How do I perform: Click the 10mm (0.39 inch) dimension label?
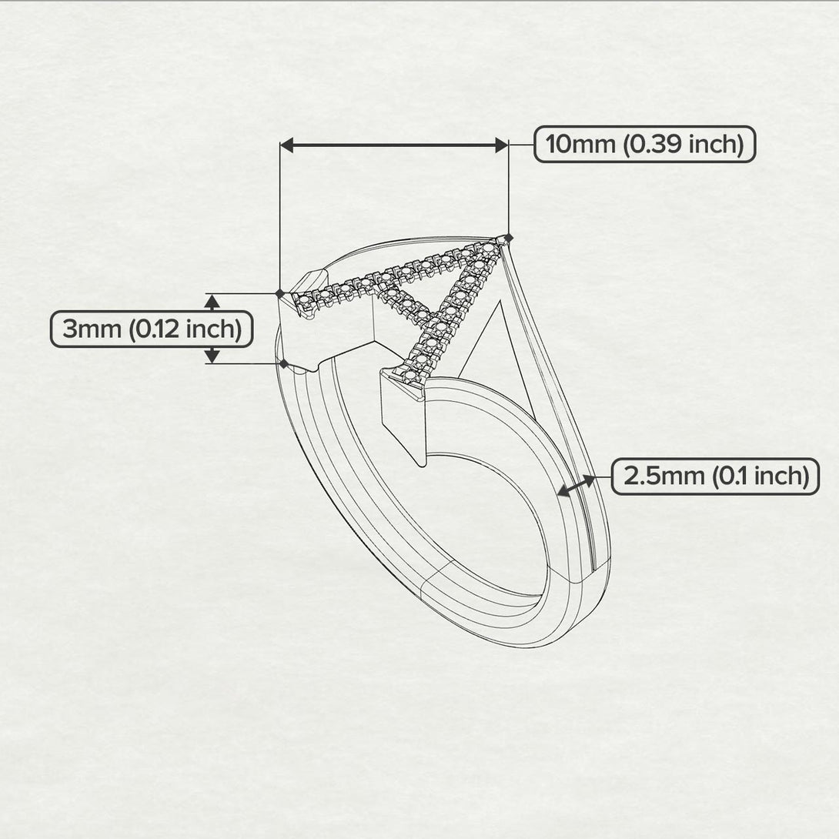[644, 144]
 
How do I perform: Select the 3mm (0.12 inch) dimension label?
[152, 329]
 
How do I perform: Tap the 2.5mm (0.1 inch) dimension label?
[715, 476]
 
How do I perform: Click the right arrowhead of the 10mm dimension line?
[500, 145]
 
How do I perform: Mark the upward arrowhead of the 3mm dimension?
[212, 301]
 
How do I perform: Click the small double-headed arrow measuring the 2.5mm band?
[577, 486]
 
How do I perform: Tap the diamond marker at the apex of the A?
[509, 237]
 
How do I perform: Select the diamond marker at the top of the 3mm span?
[279, 293]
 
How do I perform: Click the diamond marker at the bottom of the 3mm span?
[283, 363]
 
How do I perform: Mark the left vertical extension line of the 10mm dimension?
[279, 216]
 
